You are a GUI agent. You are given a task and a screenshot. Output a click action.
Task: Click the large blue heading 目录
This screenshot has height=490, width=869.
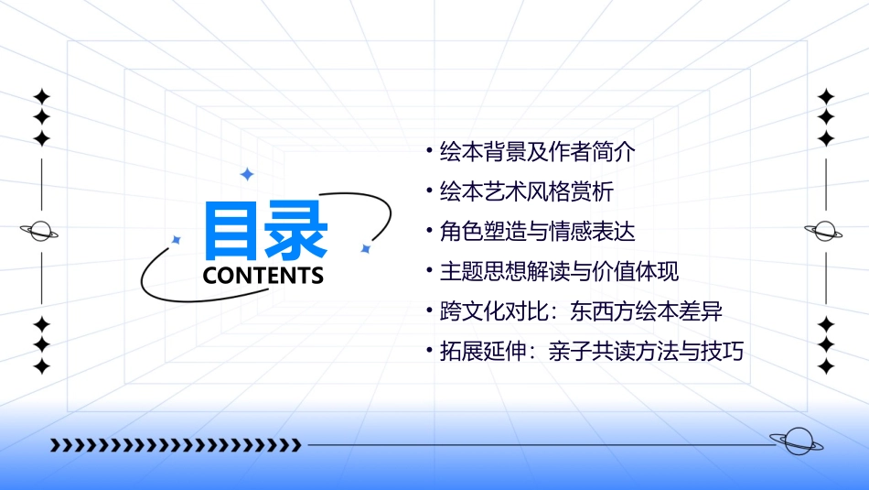[x=264, y=231]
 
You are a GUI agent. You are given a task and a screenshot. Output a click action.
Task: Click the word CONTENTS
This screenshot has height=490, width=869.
[x=263, y=276]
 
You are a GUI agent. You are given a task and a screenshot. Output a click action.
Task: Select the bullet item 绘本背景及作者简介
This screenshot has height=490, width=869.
[x=537, y=152]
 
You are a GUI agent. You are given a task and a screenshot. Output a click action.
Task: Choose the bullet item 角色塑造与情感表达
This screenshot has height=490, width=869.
[x=537, y=232]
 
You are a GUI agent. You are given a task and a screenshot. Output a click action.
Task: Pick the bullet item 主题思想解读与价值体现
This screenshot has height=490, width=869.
[x=559, y=271]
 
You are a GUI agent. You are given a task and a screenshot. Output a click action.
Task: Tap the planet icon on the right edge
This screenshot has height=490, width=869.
[x=825, y=231]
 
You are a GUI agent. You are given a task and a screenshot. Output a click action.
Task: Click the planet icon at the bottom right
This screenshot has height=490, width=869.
[x=797, y=441]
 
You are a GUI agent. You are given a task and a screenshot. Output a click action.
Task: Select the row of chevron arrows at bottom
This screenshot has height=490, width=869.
[x=176, y=445]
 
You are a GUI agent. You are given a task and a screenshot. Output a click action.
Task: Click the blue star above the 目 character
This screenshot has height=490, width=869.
[x=246, y=174]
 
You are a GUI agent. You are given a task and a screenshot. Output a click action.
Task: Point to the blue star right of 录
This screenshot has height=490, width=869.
[x=365, y=248]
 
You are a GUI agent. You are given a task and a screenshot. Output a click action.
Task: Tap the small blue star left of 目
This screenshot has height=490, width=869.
[x=177, y=239]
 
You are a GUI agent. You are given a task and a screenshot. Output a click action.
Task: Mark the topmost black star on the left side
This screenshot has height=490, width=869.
[x=41, y=96]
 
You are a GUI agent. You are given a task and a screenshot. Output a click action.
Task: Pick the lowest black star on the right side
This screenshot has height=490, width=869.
[x=826, y=366]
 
